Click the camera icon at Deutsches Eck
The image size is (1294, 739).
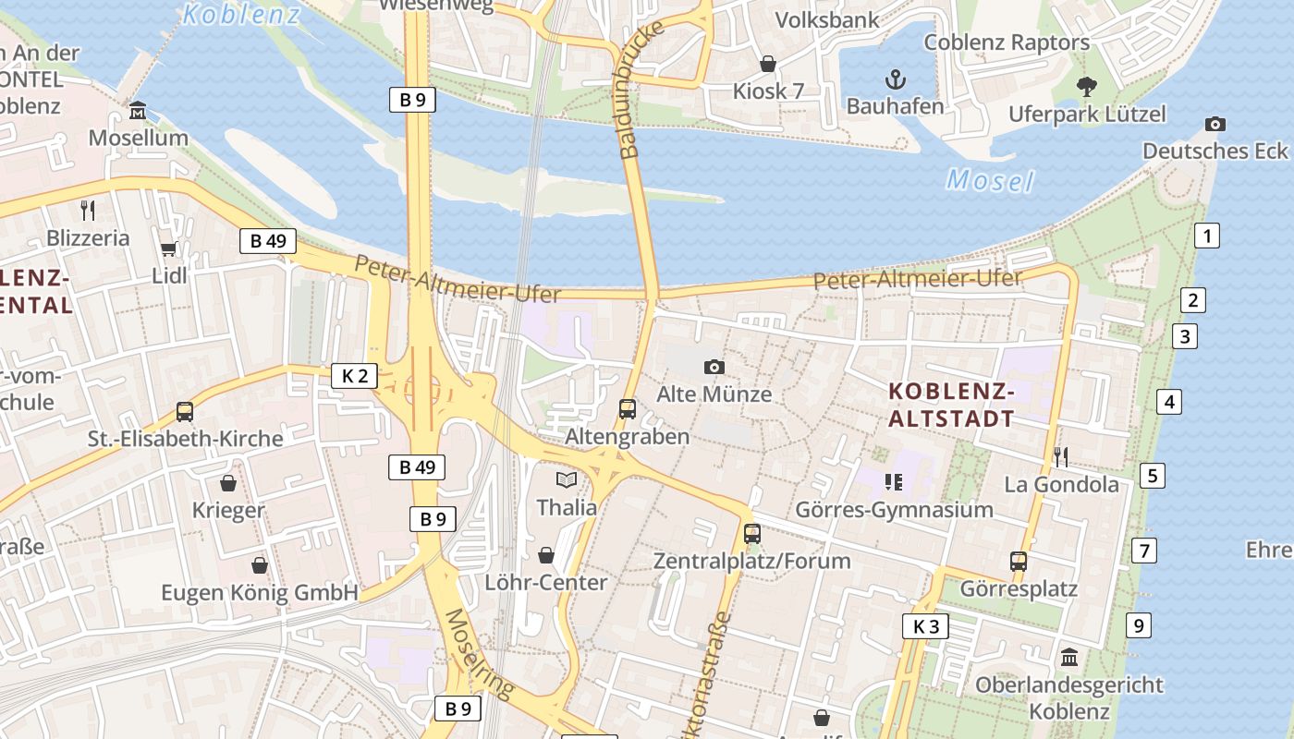(x=1215, y=124)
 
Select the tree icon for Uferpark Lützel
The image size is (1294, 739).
(x=1087, y=86)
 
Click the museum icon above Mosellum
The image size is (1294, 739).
(x=138, y=111)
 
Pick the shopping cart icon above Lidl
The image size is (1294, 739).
(x=168, y=248)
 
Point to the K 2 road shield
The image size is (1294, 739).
(x=354, y=376)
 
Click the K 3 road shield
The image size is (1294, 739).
(x=925, y=626)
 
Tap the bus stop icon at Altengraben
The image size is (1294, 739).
(x=627, y=408)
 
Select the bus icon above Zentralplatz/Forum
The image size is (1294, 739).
(x=752, y=533)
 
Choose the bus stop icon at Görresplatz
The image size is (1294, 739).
(x=1018, y=561)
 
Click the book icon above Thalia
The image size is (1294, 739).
(x=566, y=479)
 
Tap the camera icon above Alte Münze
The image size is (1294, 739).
(x=714, y=367)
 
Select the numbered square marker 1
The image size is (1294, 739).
(x=1206, y=236)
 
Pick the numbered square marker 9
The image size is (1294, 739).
(x=1139, y=625)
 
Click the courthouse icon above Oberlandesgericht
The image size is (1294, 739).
(x=1069, y=658)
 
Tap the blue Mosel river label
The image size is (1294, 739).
(x=990, y=180)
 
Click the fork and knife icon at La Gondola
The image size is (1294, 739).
(x=1061, y=456)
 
